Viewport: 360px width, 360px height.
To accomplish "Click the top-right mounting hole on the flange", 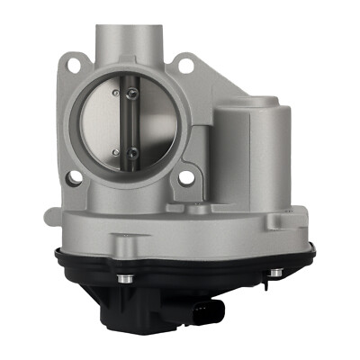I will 185,65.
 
